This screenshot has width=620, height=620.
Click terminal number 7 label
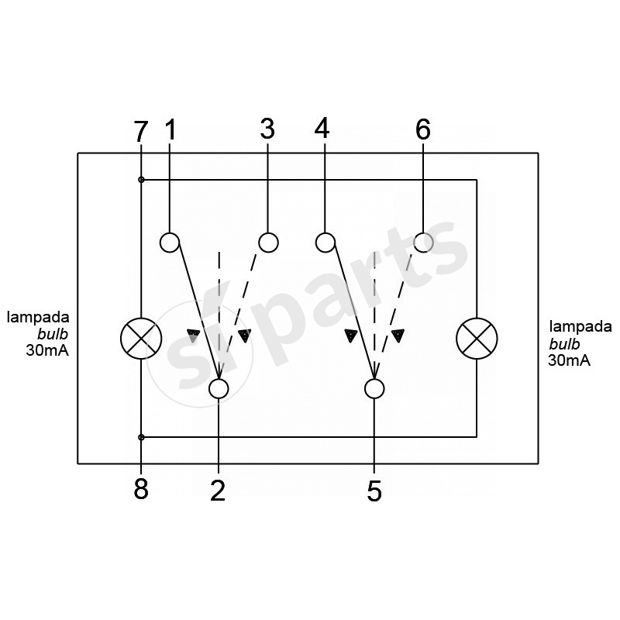(141, 131)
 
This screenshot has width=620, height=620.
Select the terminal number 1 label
(170, 129)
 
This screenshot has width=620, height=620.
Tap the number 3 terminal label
(267, 129)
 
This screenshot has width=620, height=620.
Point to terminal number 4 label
(322, 128)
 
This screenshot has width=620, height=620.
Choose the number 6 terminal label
(423, 129)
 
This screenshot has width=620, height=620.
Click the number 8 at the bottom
(141, 489)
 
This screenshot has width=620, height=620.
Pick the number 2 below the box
(218, 491)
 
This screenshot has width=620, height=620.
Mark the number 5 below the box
(374, 491)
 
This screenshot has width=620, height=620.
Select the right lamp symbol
(477, 339)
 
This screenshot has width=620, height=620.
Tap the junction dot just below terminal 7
(141, 180)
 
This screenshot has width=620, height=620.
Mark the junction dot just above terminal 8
(141, 437)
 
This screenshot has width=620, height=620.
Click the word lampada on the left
(38, 318)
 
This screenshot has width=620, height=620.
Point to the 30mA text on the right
(569, 360)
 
